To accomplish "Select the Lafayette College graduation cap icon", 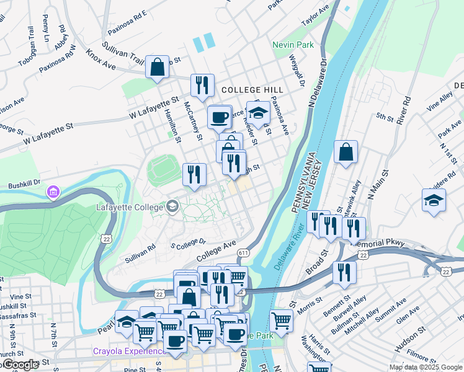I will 172,206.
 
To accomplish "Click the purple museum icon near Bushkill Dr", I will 53,193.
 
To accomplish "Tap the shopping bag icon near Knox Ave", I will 158,67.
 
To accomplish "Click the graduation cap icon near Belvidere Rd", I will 434,200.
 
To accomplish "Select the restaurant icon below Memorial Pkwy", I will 344,272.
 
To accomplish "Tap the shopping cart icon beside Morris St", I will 281,321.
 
